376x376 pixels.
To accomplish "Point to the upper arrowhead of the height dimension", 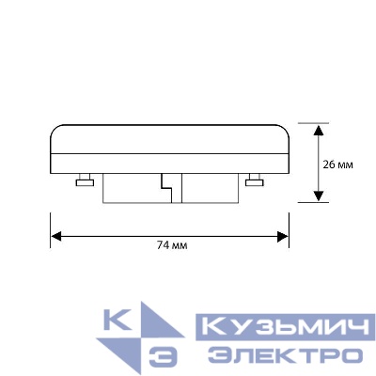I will click(x=321, y=130).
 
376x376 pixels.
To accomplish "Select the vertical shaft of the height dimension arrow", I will click(x=321, y=162).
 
